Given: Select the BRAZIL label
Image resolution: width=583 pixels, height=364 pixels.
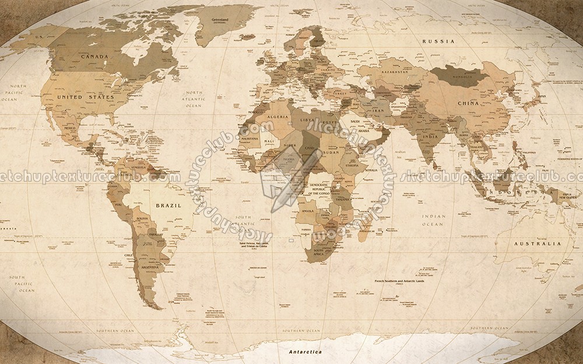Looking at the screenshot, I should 168,206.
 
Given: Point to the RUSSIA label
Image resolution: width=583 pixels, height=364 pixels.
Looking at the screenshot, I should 438,41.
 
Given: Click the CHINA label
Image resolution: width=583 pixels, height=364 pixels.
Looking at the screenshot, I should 468,103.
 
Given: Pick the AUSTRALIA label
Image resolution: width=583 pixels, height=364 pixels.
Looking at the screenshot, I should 537,244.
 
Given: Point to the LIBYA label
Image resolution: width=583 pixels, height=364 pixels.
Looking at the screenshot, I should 307,120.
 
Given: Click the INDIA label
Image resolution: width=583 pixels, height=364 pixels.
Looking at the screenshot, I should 430,137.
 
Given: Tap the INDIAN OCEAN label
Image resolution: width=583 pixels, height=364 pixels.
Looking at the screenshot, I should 433,220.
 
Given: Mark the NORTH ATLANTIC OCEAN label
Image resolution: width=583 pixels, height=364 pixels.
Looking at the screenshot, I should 194,99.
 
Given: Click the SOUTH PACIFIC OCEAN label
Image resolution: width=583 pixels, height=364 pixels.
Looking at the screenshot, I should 26,284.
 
